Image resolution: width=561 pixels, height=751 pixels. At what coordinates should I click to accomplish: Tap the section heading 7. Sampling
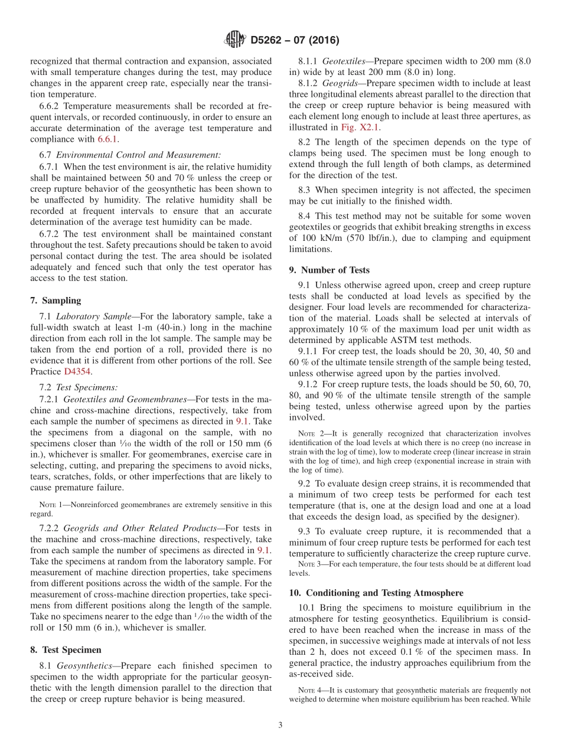point(56,301)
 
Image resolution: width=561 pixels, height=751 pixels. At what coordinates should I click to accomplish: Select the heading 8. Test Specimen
point(66,649)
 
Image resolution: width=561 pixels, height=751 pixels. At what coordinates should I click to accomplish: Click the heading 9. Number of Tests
point(329,270)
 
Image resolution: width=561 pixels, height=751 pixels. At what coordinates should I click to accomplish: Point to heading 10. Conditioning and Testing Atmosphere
point(376,592)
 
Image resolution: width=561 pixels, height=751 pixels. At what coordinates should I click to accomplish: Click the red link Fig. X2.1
point(360,128)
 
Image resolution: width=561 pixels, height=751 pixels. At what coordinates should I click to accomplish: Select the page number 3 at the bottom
point(280,725)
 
